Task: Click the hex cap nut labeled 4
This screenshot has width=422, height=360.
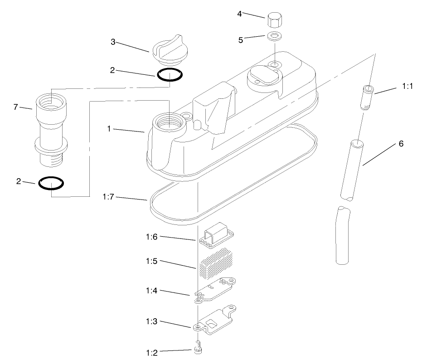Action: pos(275,19)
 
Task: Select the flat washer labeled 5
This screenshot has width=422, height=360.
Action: pos(275,36)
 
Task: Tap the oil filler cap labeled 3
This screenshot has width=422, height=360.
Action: pos(170,50)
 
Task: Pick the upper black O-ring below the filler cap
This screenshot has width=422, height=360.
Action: pos(170,75)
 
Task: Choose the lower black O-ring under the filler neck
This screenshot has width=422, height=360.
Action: pos(51,183)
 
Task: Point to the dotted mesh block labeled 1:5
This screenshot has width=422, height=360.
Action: pos(216,264)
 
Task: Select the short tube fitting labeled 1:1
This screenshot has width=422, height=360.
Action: pos(367,97)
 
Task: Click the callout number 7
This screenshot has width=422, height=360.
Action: pos(15,107)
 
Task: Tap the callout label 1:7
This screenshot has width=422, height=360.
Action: pos(108,197)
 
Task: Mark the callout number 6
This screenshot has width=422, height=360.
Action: pos(401,144)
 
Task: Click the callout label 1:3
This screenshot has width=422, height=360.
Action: pos(151,321)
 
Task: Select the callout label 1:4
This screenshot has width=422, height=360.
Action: pos(151,291)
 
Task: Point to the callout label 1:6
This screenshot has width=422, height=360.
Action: pos(151,237)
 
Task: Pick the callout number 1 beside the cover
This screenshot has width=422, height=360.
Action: pos(109,129)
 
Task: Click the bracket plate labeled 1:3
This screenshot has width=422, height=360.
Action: pos(214,320)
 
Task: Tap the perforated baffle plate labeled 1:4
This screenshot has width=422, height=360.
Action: pos(214,291)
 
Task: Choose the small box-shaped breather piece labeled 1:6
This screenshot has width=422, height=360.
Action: pos(217,234)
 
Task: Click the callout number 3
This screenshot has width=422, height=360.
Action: pos(113,42)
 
